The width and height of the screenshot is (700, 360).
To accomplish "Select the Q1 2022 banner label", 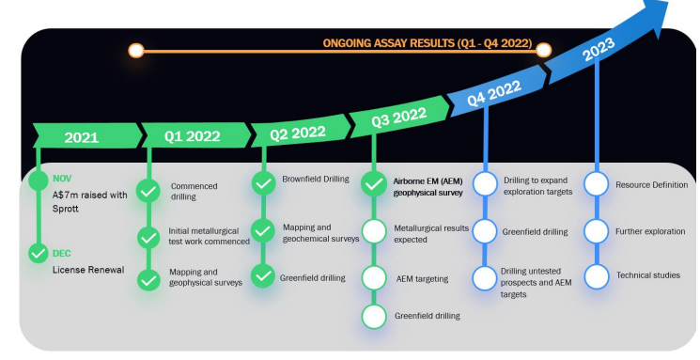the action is (193, 135).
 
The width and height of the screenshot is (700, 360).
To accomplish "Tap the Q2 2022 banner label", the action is (298, 133).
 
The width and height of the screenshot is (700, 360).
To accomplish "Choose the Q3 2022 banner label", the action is (399, 117).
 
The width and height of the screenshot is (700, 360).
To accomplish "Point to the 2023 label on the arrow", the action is (599, 49).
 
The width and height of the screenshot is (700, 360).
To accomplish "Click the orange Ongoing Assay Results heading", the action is (428, 43).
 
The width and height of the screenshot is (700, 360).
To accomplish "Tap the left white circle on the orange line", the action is (136, 51).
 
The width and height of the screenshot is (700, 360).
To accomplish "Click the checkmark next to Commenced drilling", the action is (148, 191).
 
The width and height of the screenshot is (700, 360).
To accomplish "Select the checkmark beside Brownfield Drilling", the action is (263, 183).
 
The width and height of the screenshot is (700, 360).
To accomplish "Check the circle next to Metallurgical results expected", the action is (374, 231).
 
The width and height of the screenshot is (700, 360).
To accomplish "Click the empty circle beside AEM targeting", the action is (374, 278).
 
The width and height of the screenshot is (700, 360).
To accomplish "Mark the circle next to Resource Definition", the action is (597, 183).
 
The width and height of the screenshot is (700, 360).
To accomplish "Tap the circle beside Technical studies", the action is (597, 276).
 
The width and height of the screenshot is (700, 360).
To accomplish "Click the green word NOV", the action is (62, 179).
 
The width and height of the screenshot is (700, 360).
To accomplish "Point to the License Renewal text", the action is (88, 270).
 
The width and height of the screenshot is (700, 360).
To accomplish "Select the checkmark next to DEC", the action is (39, 253).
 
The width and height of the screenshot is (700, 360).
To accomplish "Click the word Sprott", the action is (65, 209).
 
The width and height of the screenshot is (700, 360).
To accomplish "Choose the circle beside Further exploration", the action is (597, 231).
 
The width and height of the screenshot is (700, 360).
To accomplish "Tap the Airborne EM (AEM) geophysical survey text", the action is (428, 187).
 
